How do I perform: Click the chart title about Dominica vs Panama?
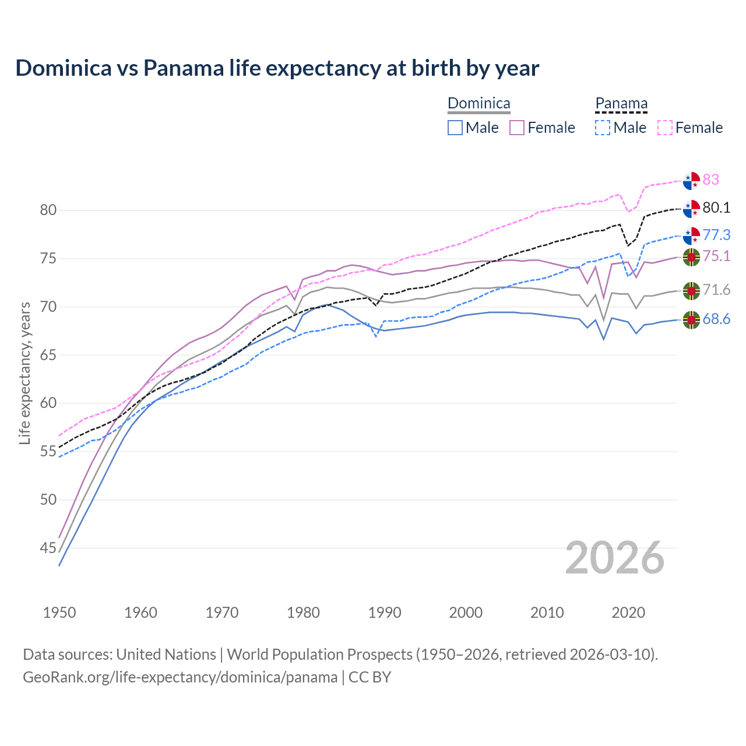[277, 68]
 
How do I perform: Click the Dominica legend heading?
[478, 104]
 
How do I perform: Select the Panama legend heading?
[621, 104]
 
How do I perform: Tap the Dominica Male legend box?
[455, 128]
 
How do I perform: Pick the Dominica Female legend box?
[517, 128]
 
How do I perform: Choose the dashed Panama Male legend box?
[603, 128]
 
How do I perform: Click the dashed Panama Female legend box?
[665, 128]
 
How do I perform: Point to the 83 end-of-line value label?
[711, 180]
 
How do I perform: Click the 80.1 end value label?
[716, 208]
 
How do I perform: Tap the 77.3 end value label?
[716, 235]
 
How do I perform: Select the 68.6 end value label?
[716, 319]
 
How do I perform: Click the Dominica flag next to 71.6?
[691, 290]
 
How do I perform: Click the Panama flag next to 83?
[691, 181]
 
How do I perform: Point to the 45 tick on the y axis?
[48, 548]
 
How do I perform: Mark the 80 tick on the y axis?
[48, 210]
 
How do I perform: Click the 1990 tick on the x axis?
[385, 613]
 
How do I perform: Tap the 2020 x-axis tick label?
[628, 613]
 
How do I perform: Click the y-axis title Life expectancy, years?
[25, 373]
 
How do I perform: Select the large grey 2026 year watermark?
[615, 558]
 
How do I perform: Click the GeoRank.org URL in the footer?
[180, 677]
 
